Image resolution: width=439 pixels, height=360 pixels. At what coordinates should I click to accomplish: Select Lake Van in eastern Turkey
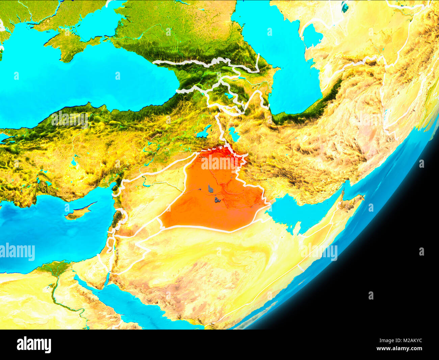tap(204, 133)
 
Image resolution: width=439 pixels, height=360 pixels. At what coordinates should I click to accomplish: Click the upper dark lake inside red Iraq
tap(211, 189)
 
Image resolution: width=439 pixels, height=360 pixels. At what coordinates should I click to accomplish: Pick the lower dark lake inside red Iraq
tap(217, 200)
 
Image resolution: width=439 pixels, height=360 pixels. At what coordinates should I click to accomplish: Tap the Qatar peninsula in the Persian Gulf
tap(296, 230)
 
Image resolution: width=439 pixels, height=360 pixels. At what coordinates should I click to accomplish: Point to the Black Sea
tap(84, 85)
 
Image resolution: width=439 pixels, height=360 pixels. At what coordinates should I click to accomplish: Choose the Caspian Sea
tap(287, 68)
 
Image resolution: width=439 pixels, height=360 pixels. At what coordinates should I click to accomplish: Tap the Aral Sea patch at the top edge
tap(345, 6)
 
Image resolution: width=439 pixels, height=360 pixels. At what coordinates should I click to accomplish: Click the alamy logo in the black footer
tap(34, 345)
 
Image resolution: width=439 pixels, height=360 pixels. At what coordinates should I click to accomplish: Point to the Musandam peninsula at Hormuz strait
tap(342, 195)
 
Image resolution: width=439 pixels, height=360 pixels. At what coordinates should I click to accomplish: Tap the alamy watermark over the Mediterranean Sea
tap(18, 252)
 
